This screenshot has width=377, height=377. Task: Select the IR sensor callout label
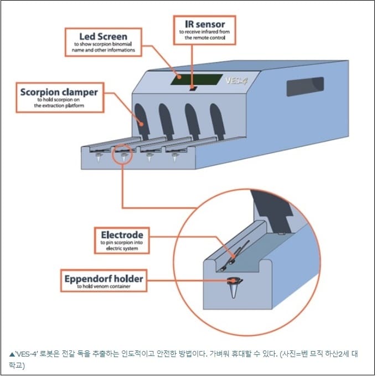(205, 24)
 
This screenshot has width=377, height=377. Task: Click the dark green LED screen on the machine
(196, 80)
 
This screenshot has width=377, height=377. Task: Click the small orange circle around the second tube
(123, 156)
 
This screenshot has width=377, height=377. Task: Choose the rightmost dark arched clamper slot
(216, 118)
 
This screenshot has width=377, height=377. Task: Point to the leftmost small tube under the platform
(98, 158)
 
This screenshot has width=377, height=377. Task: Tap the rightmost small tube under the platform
(175, 158)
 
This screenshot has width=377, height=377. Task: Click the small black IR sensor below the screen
(192, 87)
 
